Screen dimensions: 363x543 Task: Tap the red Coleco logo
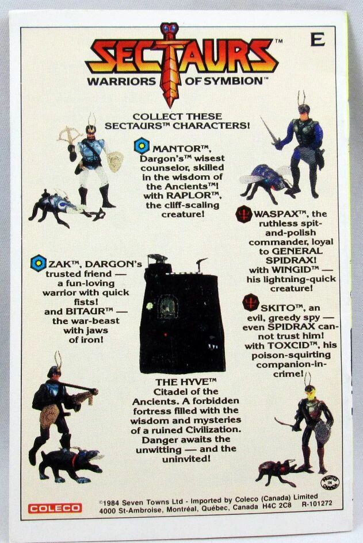coord(55,508)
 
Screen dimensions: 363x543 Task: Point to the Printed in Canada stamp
coord(330,482)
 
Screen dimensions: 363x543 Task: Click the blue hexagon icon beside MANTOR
coord(142,146)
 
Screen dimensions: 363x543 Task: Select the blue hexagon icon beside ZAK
coord(38,263)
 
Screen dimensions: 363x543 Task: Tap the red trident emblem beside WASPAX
coord(244,214)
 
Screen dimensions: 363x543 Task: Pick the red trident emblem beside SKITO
coord(251,303)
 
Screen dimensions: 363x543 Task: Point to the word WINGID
coord(291,269)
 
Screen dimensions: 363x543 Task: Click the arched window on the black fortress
coord(168,307)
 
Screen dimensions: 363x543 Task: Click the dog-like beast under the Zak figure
coord(71,465)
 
